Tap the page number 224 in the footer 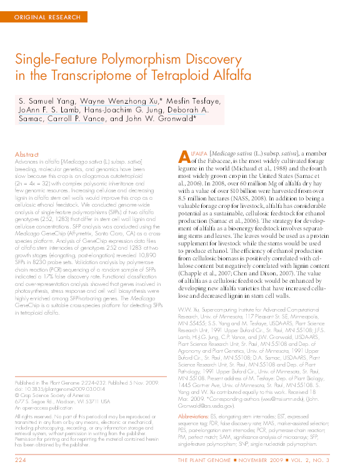[x=21, y=460]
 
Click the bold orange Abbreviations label [x=194, y=415]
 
